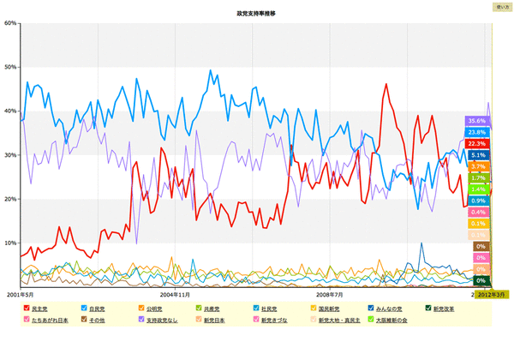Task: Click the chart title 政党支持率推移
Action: click(x=257, y=15)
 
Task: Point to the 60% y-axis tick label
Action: click(x=12, y=23)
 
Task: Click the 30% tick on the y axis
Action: click(x=12, y=155)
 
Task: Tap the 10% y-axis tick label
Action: click(x=12, y=243)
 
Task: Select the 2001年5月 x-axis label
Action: click(x=19, y=292)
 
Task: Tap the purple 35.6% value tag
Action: click(x=477, y=122)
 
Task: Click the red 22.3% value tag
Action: click(x=477, y=143)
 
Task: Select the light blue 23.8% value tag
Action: click(x=477, y=132)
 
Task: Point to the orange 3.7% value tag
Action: click(x=478, y=166)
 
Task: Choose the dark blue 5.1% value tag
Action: click(x=478, y=155)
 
